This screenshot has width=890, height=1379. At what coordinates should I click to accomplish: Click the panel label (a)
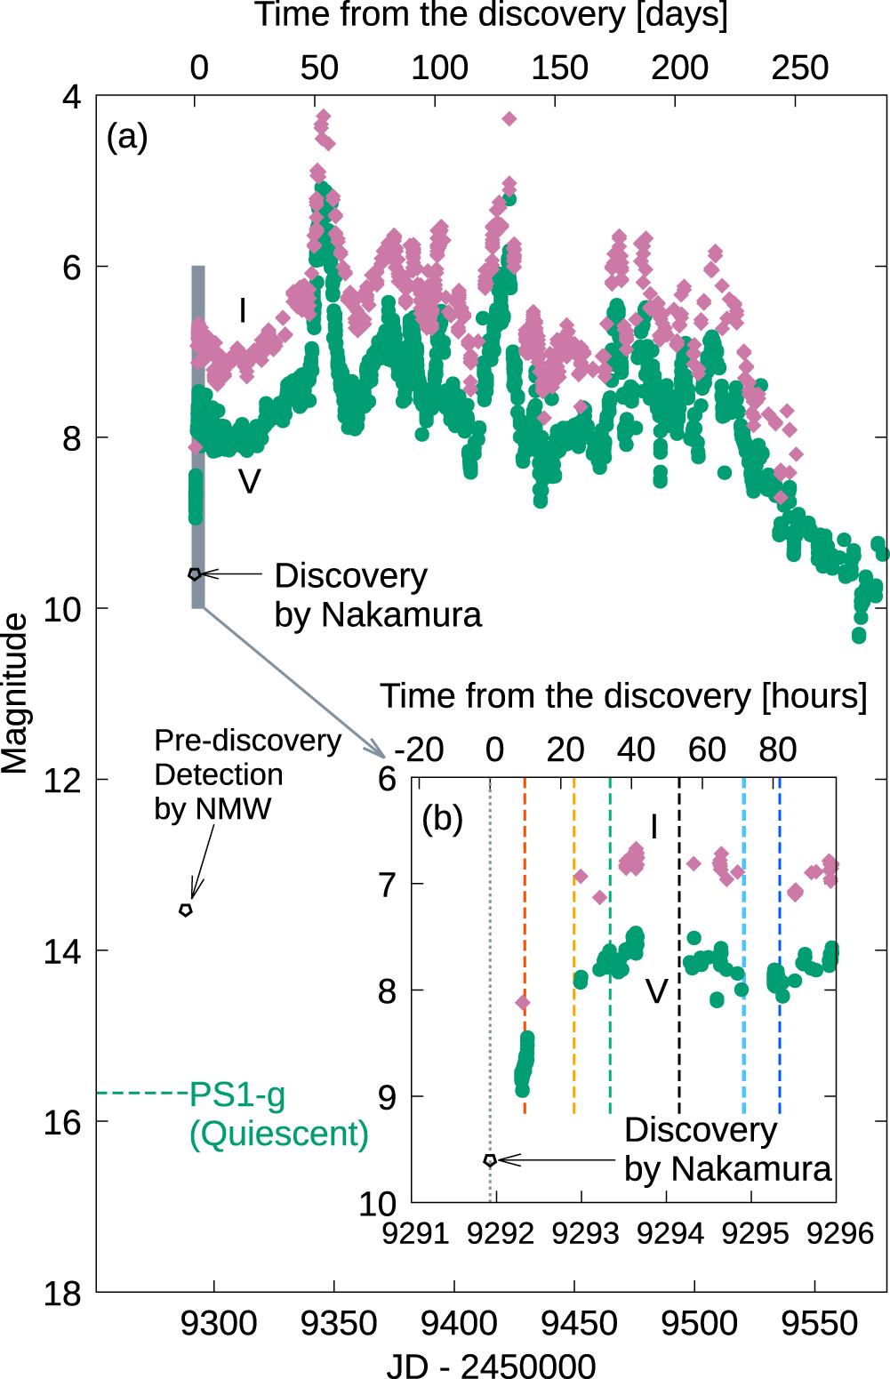point(126,137)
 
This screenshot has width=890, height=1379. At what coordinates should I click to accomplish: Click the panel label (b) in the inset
point(442,818)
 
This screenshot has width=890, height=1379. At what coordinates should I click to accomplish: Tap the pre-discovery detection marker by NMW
point(186,910)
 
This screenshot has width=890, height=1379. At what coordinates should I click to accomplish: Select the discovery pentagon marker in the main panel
point(195,574)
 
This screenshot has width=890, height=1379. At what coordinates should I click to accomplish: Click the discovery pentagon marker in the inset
point(490,1160)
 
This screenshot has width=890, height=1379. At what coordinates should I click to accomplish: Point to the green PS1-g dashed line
point(142,1093)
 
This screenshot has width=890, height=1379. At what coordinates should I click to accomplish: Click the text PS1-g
point(237,1094)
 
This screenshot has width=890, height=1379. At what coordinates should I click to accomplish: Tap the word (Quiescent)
point(278,1134)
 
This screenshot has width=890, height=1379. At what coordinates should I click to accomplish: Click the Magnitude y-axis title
point(15,694)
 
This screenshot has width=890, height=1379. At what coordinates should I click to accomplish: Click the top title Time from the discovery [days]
point(491,16)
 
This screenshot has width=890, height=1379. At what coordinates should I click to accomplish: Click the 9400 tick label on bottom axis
point(459,1323)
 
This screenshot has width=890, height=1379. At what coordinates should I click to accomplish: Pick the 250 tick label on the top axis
point(799,68)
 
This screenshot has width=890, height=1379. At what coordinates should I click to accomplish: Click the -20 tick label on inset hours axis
point(418,750)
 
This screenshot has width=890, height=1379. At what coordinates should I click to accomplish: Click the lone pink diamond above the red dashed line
point(523,1003)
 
